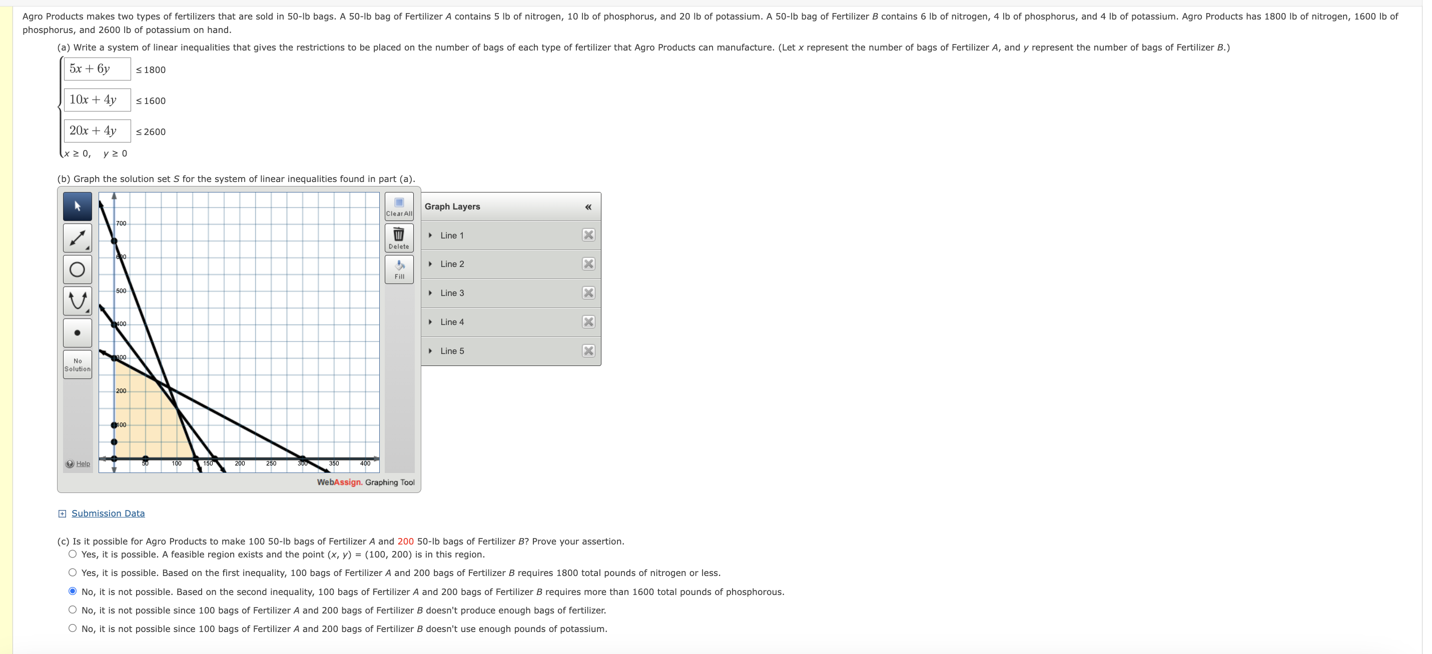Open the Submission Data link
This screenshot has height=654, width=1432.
pos(108,513)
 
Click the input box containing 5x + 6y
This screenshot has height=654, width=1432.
pos(97,69)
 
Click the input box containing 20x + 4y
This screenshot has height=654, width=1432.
pos(97,131)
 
